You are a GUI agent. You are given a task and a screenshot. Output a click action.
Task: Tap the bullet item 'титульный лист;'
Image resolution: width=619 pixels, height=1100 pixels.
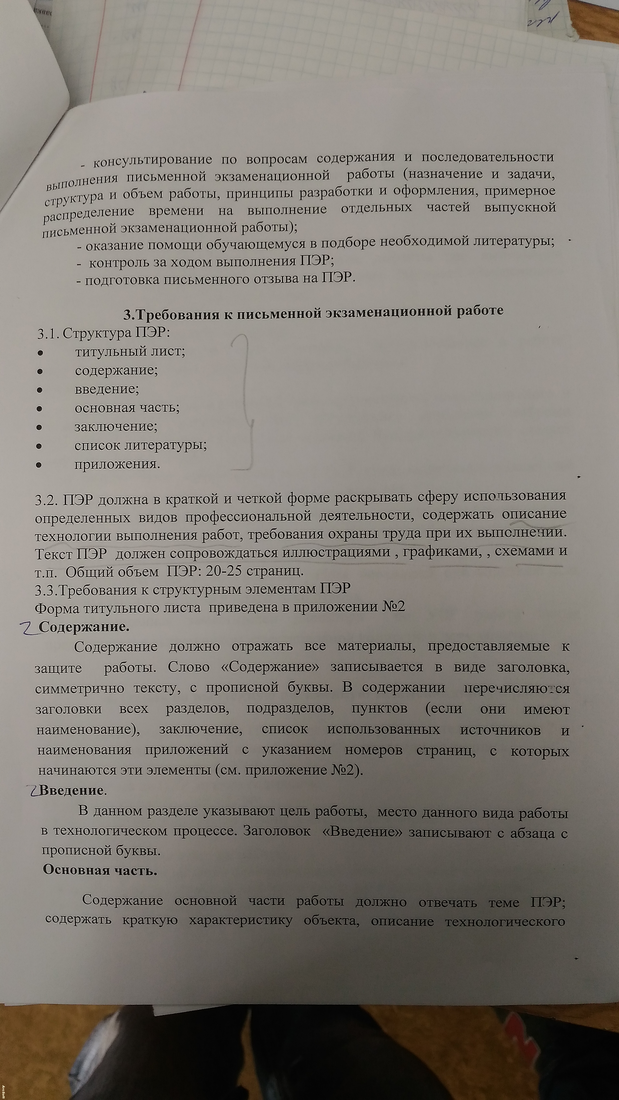pyautogui.click(x=130, y=351)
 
